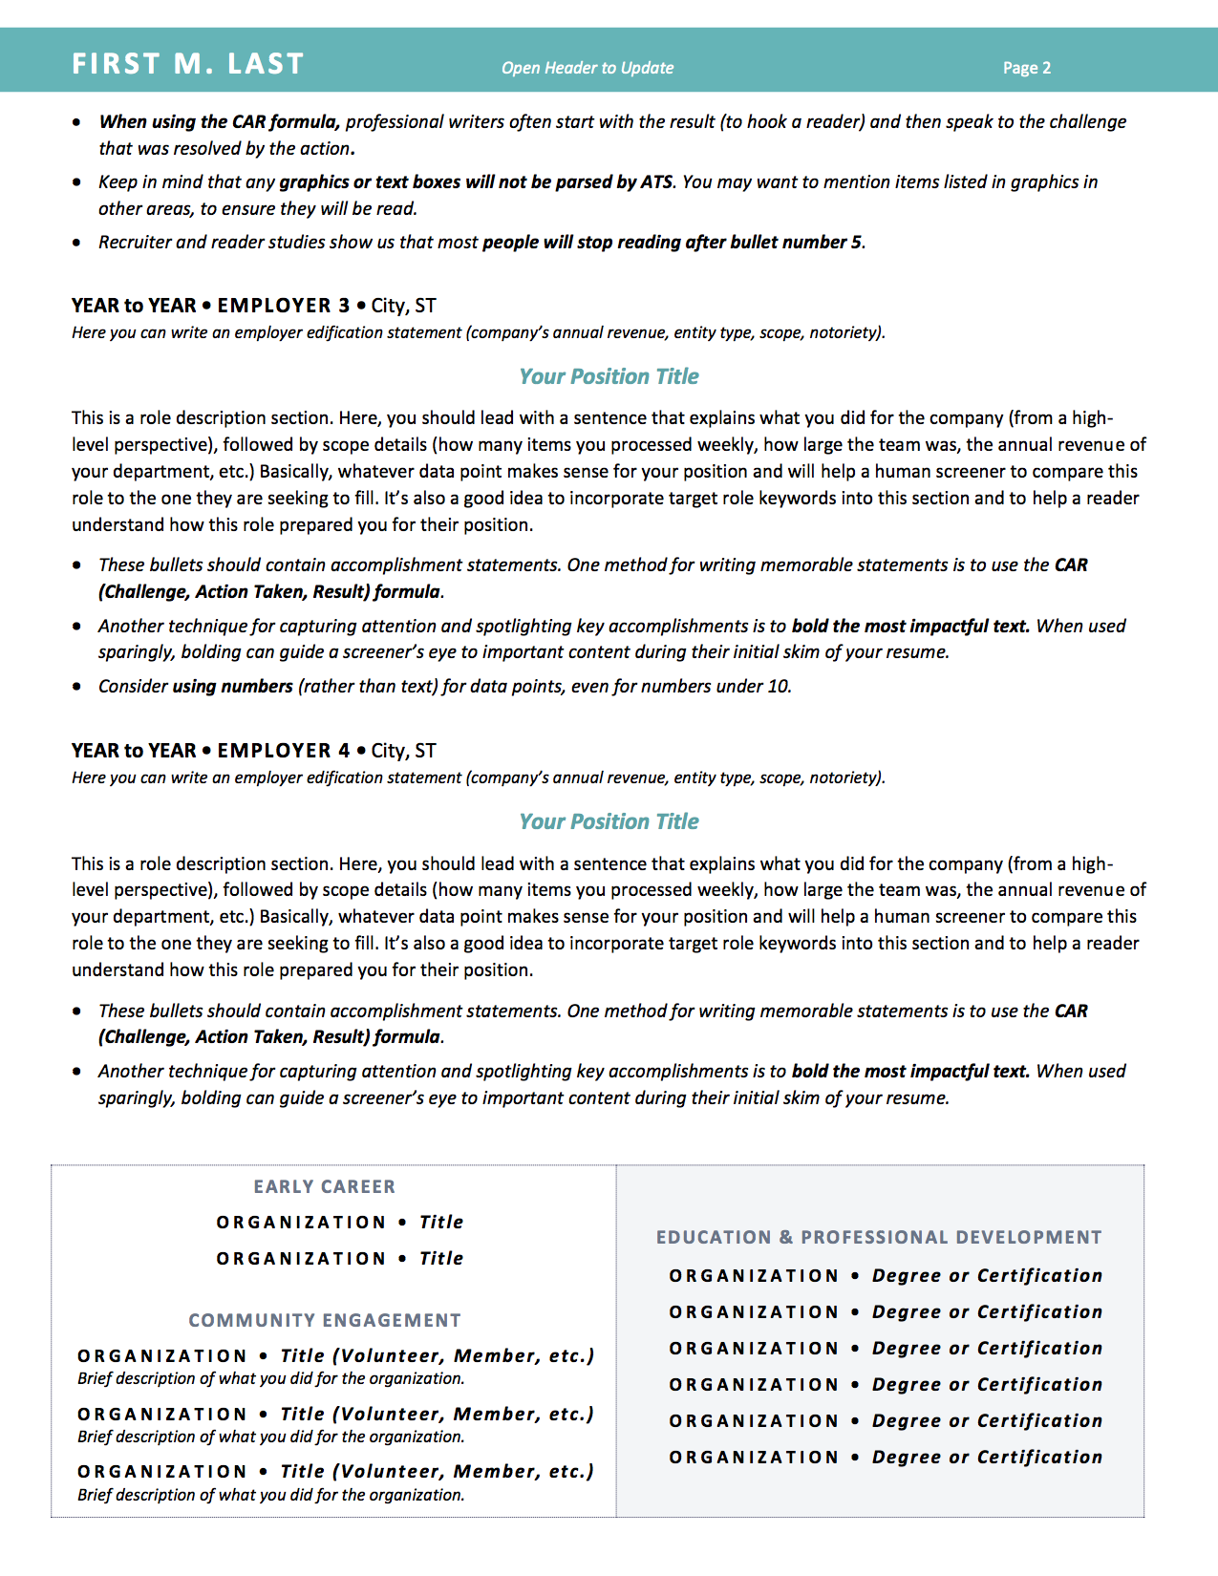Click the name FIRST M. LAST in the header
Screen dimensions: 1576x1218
click(187, 64)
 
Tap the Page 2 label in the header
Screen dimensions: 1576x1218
click(1026, 68)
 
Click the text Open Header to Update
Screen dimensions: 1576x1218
click(588, 68)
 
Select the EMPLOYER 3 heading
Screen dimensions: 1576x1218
click(284, 306)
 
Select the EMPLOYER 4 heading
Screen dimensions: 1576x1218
click(284, 751)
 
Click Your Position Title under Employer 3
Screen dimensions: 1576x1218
click(609, 376)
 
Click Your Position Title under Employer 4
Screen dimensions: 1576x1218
click(609, 821)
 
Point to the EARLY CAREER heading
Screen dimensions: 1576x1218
click(324, 1186)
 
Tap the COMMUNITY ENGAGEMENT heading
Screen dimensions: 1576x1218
click(324, 1320)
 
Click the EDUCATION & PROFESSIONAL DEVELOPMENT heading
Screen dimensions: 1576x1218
click(878, 1237)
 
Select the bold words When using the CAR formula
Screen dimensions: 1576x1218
click(219, 121)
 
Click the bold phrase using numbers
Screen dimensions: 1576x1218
click(232, 686)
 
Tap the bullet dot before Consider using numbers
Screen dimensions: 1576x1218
click(77, 687)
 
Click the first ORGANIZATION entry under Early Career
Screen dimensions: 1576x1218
click(301, 1223)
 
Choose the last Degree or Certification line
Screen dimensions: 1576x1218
click(987, 1458)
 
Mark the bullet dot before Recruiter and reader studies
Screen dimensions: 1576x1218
click(77, 243)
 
